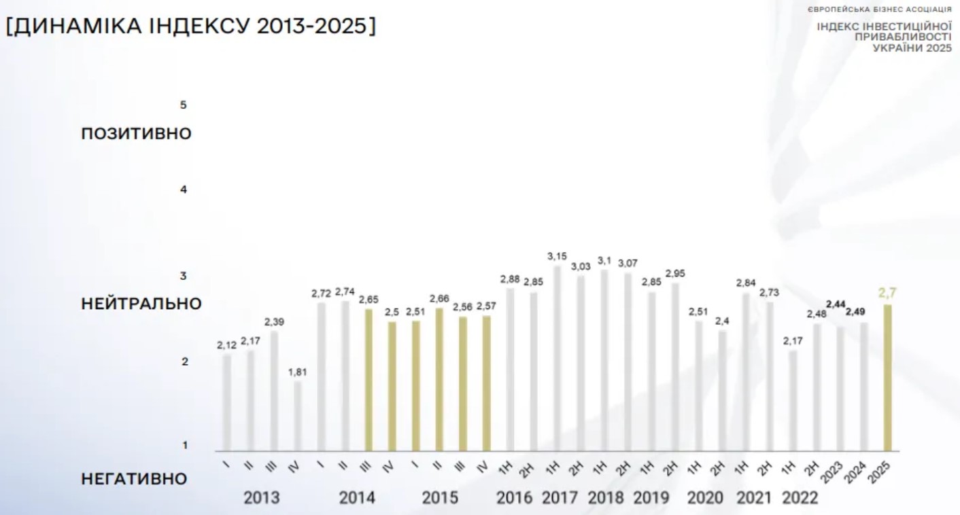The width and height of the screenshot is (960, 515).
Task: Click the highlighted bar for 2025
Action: tap(887, 377)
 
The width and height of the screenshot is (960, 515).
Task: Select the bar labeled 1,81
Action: tap(298, 416)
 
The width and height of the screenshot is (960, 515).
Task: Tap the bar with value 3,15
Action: tap(558, 358)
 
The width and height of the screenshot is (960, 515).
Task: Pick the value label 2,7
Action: tap(887, 294)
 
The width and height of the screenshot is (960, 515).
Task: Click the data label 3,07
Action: tap(628, 263)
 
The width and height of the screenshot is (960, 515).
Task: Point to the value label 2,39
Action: tap(274, 321)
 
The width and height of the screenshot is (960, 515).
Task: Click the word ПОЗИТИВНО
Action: tap(136, 133)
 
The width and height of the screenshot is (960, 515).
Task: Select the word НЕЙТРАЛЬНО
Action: tap(141, 303)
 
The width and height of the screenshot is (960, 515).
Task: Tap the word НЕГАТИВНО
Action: tap(134, 478)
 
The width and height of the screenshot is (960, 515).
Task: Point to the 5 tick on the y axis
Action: tap(183, 105)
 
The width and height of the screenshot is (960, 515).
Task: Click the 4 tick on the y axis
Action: tap(183, 190)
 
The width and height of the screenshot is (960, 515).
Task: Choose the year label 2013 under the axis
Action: tap(262, 498)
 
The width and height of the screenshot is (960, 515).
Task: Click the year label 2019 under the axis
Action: tap(651, 498)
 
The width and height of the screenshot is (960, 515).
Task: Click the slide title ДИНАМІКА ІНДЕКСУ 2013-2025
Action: tap(190, 27)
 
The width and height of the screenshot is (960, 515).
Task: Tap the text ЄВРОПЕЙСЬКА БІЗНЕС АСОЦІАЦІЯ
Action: tap(880, 10)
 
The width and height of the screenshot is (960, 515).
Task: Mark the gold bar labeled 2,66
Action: tap(439, 379)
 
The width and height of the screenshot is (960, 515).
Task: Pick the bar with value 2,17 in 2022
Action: tap(793, 400)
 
